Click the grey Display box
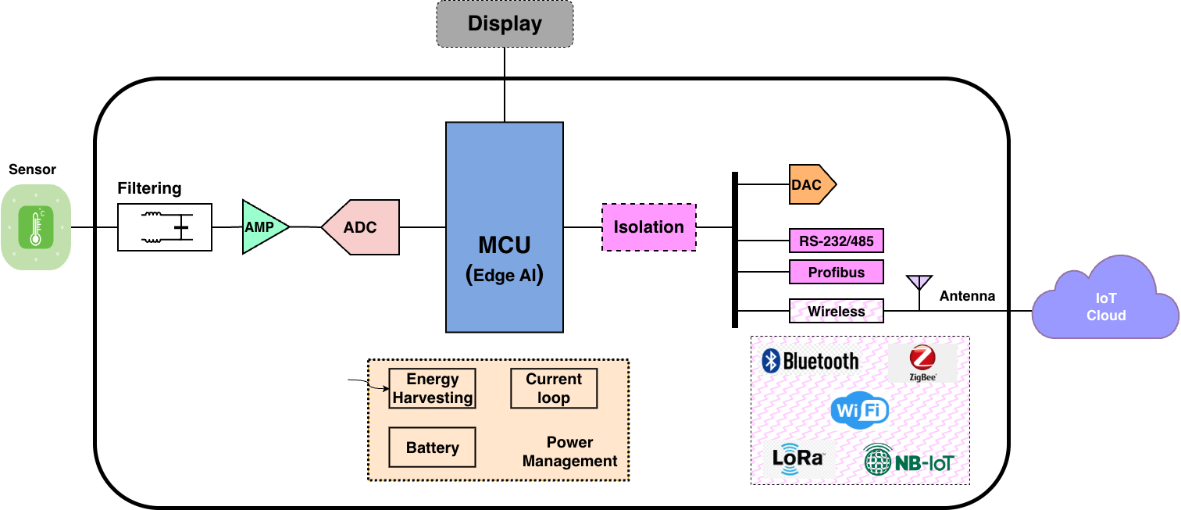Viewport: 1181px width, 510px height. click(x=505, y=23)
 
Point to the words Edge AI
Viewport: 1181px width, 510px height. click(x=505, y=275)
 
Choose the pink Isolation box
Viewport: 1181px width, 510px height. click(x=648, y=227)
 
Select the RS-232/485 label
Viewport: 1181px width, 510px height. click(x=836, y=241)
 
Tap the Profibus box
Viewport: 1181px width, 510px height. click(x=836, y=273)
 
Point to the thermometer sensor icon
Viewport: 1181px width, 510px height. click(x=36, y=227)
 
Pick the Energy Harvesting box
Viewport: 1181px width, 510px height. click(x=432, y=388)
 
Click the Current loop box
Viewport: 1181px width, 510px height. click(x=553, y=388)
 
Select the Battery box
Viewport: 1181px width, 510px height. click(x=432, y=448)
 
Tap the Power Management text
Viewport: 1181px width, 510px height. click(x=569, y=451)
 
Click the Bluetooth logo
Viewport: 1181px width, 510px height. click(x=811, y=360)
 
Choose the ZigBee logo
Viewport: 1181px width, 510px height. click(x=922, y=363)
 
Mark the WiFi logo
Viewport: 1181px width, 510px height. click(x=859, y=410)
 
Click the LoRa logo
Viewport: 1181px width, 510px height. click(x=798, y=458)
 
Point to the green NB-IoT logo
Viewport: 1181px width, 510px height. click(x=908, y=461)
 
